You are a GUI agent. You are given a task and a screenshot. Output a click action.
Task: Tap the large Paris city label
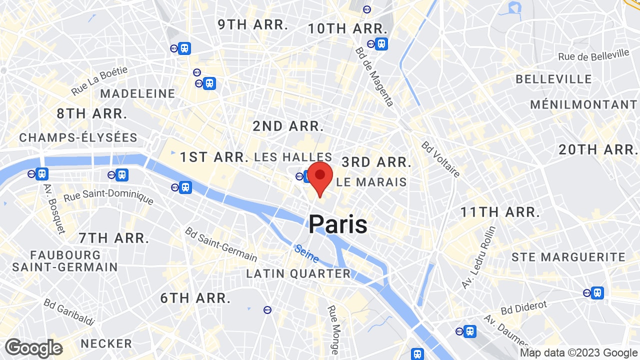pyautogui.click(x=338, y=224)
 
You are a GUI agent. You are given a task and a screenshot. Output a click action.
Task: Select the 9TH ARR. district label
pyautogui.click(x=253, y=24)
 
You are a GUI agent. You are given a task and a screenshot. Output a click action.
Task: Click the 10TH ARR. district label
pyautogui.click(x=348, y=28)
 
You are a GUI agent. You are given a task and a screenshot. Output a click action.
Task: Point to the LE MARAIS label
pyautogui.click(x=371, y=182)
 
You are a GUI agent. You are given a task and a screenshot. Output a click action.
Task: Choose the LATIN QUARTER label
pyautogui.click(x=298, y=273)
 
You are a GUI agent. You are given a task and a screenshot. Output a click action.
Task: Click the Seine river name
pyautogui.click(x=306, y=253)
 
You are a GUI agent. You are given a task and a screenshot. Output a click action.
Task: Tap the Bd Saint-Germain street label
pyautogui.click(x=220, y=244)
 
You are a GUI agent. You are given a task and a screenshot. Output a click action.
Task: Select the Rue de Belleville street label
pyautogui.click(x=593, y=55)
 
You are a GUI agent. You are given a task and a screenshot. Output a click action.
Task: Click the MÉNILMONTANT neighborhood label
pyautogui.click(x=583, y=104)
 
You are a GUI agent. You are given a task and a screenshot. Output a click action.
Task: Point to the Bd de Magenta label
pyautogui.click(x=374, y=76)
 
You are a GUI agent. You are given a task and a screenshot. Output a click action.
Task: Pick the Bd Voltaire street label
pyautogui.click(x=440, y=159)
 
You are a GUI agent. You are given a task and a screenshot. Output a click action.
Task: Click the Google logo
pyautogui.click(x=33, y=348)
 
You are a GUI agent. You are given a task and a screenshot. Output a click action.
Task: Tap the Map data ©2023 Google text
pyautogui.click(x=578, y=353)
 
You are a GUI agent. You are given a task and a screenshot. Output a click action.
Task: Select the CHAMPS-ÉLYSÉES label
pyautogui.click(x=78, y=137)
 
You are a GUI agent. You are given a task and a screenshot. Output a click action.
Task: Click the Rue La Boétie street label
pyautogui.click(x=99, y=81)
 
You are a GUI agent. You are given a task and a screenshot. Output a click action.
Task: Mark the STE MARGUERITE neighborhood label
pyautogui.click(x=568, y=257)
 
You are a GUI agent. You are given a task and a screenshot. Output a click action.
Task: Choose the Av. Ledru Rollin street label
pyautogui.click(x=478, y=257)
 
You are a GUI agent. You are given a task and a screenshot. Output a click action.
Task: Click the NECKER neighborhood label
pyautogui.click(x=106, y=343)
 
